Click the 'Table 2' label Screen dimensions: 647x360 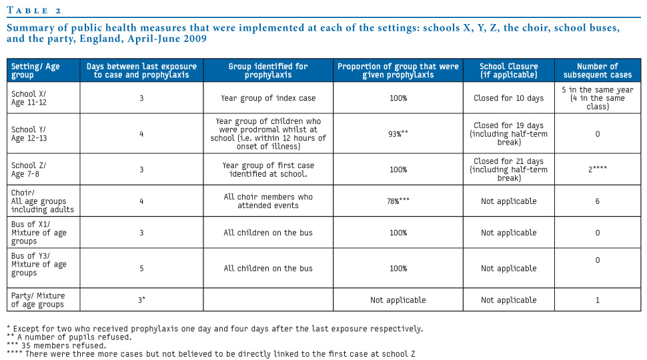tap(34, 10)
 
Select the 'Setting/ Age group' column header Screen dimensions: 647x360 tap(35, 71)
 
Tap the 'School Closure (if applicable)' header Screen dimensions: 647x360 tap(508, 71)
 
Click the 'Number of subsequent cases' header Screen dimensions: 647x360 tap(597, 71)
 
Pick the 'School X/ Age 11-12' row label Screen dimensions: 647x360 tap(29, 98)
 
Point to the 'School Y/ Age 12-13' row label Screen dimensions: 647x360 tap(29, 133)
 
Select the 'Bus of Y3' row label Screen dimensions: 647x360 tap(39, 264)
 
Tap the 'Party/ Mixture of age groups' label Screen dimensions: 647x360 tap(38, 300)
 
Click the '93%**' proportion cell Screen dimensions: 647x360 tap(398, 133)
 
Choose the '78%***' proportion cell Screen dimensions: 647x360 tap(398, 201)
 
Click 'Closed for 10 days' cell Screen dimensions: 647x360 tap(508, 98)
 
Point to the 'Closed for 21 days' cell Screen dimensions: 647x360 tap(508, 169)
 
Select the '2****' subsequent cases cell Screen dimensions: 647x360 tap(597, 169)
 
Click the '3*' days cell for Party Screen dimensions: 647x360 tap(141, 300)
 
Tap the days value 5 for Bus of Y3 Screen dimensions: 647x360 tap(141, 269)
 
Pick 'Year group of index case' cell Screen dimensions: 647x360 tap(268, 98)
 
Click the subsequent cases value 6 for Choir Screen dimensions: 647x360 tap(597, 201)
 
